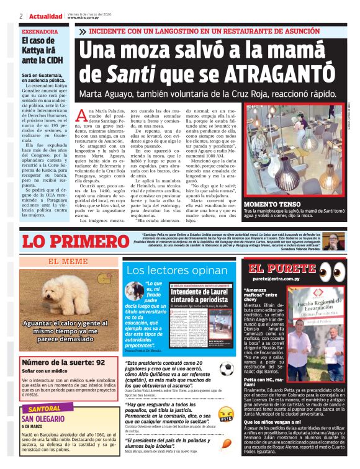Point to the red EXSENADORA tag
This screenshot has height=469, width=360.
[42, 30]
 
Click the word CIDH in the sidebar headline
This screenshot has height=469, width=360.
[53, 60]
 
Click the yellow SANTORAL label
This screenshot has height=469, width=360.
[45, 409]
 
